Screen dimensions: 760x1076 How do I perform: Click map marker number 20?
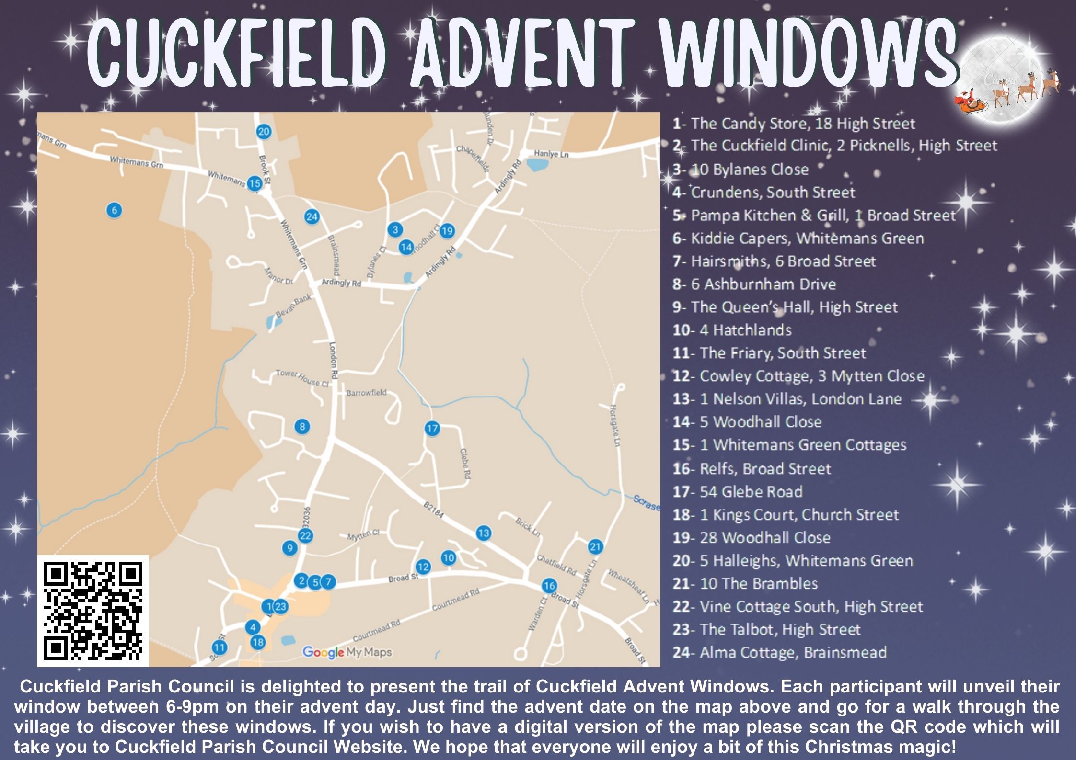click(264, 132)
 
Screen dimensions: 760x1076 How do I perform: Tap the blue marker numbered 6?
click(114, 210)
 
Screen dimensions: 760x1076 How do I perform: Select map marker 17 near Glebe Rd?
click(432, 428)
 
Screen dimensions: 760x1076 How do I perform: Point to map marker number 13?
click(483, 533)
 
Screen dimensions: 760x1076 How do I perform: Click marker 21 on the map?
click(595, 546)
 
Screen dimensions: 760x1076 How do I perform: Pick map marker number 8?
click(301, 426)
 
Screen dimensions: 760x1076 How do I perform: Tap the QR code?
click(93, 611)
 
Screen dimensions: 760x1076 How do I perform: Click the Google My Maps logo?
click(347, 652)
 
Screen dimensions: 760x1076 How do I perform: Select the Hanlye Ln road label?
click(551, 154)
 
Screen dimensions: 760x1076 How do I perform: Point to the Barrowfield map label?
click(366, 393)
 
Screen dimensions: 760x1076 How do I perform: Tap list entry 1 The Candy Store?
click(794, 124)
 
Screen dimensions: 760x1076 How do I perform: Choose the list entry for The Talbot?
click(767, 629)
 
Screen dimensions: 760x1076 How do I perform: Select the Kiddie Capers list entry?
click(798, 238)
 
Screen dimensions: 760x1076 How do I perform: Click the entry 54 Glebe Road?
click(738, 491)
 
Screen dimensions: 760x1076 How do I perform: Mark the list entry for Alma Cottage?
click(780, 652)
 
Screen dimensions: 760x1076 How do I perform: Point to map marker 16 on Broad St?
click(549, 585)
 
